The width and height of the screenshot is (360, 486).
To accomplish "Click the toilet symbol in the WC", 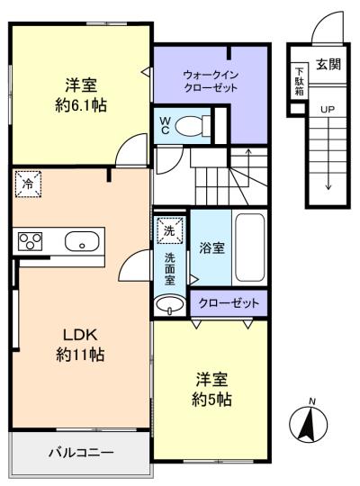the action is pos(193,126).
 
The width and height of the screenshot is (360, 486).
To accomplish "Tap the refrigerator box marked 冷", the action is pos(28,184).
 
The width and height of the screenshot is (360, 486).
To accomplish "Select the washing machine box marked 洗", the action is pos(169,231).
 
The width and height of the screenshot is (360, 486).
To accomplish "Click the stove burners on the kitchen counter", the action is pos(30,241).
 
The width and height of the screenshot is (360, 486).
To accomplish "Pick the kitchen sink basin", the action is pos(82,241).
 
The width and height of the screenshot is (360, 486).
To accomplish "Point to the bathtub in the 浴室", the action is pos(250,247).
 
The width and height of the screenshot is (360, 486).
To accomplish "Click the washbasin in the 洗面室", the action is pos(169,305).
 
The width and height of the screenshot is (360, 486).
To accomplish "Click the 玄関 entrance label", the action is pos(328,64).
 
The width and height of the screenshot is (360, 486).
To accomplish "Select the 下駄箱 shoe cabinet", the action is pos(299,81).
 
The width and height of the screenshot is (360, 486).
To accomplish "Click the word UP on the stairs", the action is pos(328,110).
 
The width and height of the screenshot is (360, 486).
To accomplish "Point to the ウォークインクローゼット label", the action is pos(211,82).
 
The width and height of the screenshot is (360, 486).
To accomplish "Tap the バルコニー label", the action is pos(81,453).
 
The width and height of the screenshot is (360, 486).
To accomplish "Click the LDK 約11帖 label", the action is pos(80,345).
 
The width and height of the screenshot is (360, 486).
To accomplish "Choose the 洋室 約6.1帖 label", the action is pos(81,95).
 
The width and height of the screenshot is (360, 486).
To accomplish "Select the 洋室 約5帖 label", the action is pos(211,390).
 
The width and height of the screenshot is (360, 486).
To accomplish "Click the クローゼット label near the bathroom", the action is pos(229,302).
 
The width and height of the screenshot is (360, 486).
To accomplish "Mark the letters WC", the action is pos(165,125).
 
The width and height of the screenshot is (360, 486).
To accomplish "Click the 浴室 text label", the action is pos(211,247).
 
